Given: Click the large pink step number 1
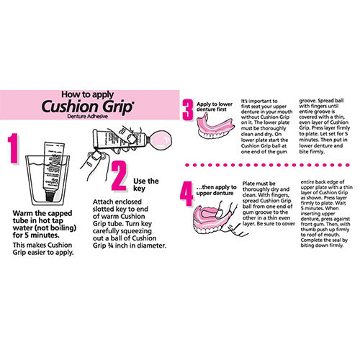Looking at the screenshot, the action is pyautogui.click(x=14, y=148).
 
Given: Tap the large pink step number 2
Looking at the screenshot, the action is pyautogui.click(x=120, y=176).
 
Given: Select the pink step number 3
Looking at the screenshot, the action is pyautogui.click(x=188, y=110).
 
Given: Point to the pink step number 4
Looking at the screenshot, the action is pyautogui.click(x=186, y=194).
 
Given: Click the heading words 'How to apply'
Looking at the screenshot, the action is pyautogui.click(x=88, y=94).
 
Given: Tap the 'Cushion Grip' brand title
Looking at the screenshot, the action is pyautogui.click(x=87, y=107).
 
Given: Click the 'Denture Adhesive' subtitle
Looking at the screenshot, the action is pyautogui.click(x=87, y=117).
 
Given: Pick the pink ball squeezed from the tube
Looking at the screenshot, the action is pyautogui.click(x=160, y=140).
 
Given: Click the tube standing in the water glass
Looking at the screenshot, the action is pyautogui.click(x=53, y=171).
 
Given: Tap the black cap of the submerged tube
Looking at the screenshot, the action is pyautogui.click(x=50, y=195).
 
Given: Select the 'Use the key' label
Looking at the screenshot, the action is pyautogui.click(x=146, y=184).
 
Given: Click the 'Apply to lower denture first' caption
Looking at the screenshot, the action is pyautogui.click(x=215, y=107).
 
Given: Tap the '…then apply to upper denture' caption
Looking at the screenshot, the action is pyautogui.click(x=216, y=190).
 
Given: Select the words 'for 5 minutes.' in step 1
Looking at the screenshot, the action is pyautogui.click(x=36, y=235).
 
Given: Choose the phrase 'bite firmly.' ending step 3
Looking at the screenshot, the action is pyautogui.click(x=312, y=152).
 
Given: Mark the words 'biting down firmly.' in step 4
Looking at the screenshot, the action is pyautogui.click(x=322, y=246).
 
